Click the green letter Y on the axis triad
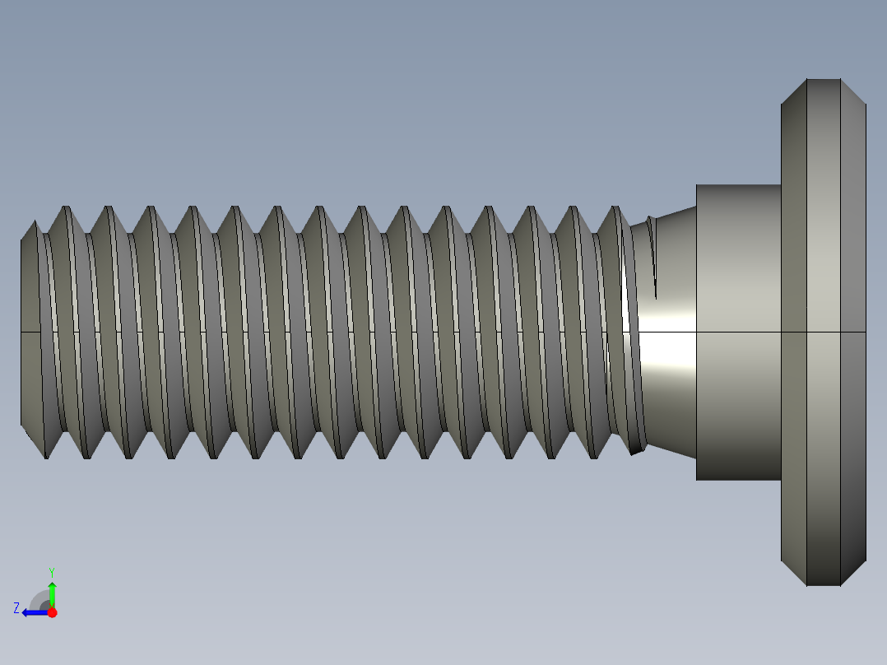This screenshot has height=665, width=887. coord(51,571)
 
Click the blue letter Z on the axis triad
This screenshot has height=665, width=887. coord(16,607)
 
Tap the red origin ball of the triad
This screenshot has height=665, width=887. coord(52,612)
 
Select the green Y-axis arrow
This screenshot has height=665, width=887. coord(52,593)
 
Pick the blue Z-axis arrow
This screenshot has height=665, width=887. coord(33,612)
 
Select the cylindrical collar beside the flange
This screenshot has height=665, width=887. coord(738,263)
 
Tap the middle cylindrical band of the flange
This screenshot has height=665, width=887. coord(823,247)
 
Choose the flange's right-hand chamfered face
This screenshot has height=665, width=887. coord(853,247)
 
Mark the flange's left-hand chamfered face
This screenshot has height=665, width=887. coord(793,247)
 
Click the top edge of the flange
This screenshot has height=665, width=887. coord(823,80)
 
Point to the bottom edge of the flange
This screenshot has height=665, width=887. coord(823,585)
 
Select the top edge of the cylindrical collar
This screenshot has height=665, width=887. coord(738,185)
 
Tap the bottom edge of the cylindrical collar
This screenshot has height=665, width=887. coord(738,480)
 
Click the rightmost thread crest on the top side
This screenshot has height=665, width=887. coord(616,207)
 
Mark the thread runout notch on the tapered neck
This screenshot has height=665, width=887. coord(653,255)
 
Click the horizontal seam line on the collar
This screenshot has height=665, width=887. coord(738,332)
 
